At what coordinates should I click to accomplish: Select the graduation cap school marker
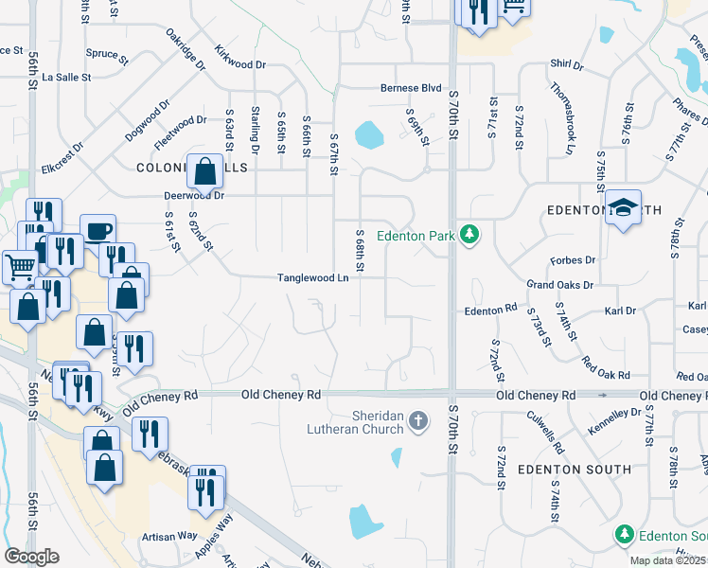pos(623,208)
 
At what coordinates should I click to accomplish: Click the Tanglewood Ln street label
pos(313,278)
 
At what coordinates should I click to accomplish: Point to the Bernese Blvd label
pos(411,88)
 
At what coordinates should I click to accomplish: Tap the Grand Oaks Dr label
pos(559,284)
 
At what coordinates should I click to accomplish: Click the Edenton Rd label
pos(489,310)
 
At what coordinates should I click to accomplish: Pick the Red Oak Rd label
pos(607,368)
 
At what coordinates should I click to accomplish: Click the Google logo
pos(31,557)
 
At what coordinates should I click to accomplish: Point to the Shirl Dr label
pos(566,65)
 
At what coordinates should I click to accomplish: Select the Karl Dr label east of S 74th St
pos(620,310)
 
